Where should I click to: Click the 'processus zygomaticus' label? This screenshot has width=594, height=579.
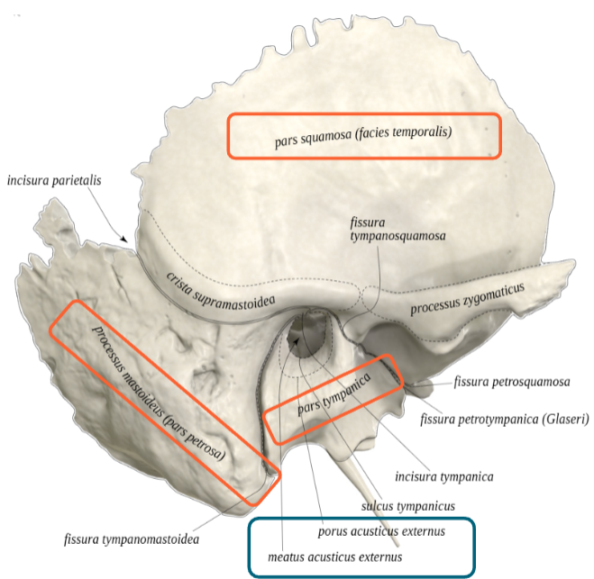[x=467, y=299]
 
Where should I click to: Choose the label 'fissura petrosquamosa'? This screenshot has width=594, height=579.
[x=513, y=382]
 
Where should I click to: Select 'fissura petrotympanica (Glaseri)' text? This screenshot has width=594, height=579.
[x=506, y=419]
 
